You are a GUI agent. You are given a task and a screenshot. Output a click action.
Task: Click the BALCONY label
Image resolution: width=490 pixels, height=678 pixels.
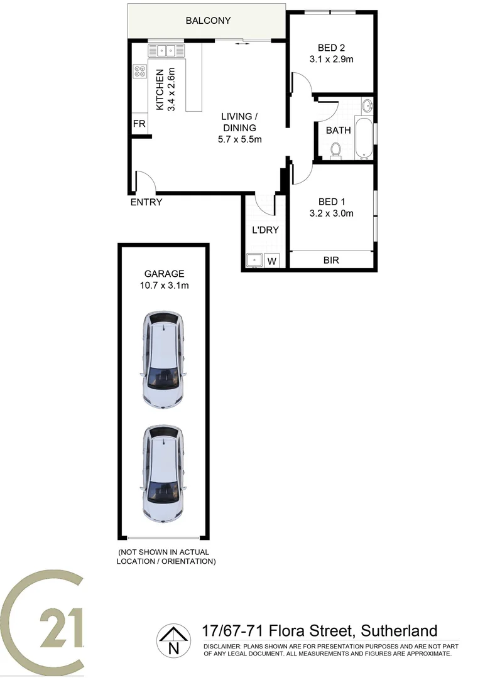208,21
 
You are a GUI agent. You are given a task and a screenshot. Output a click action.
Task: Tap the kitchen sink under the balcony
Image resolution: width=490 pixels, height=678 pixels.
165,50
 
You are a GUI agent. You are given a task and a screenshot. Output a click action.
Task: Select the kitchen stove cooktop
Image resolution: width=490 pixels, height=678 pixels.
139,73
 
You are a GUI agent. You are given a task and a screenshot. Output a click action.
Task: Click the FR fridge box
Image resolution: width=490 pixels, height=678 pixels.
139,124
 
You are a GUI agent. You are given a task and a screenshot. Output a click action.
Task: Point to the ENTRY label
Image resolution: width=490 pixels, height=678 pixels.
146,202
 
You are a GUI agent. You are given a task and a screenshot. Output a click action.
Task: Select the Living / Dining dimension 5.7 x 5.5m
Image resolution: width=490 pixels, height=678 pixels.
239,139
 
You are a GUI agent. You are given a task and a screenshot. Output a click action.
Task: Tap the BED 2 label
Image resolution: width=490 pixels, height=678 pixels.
331,47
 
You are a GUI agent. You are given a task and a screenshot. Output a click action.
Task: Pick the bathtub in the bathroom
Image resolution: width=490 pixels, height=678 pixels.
364,136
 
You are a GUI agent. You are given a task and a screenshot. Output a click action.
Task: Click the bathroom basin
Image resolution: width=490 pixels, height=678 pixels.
367,105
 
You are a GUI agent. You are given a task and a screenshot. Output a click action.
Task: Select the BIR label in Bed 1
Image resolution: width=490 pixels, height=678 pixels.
331,260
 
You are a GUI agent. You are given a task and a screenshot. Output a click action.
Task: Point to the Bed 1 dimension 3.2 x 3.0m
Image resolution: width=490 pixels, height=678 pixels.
332,213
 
